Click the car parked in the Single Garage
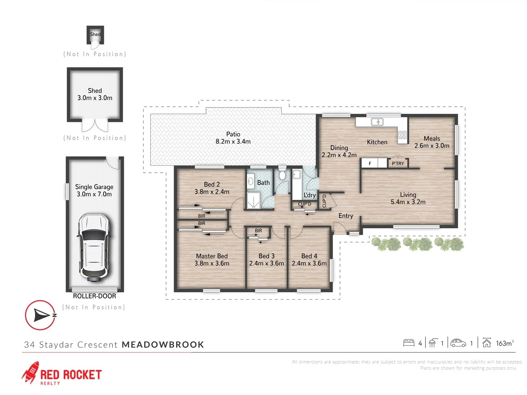click(94, 248)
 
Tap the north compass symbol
click(41, 315)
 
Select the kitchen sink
click(377, 122)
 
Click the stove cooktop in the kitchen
click(403, 135)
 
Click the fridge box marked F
click(370, 163)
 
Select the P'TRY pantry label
click(398, 163)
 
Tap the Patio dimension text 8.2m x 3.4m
click(233, 142)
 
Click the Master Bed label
click(212, 256)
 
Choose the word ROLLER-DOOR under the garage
click(94, 296)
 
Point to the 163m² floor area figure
click(505, 343)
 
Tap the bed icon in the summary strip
click(408, 343)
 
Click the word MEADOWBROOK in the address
click(163, 345)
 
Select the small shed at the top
click(95, 35)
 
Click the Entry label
click(345, 216)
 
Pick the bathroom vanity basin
click(251, 181)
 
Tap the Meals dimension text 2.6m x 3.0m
click(432, 146)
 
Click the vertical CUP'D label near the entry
click(324, 201)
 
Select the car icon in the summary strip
click(458, 343)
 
